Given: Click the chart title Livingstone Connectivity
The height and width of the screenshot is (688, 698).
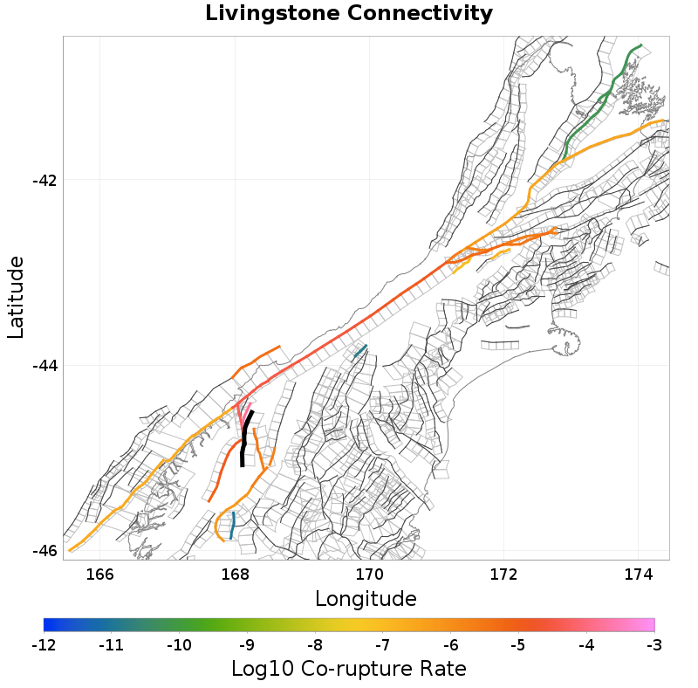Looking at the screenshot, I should [x=349, y=14].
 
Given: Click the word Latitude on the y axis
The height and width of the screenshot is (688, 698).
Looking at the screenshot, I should [x=16, y=297].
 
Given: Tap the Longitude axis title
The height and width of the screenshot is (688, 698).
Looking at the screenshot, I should [x=366, y=599].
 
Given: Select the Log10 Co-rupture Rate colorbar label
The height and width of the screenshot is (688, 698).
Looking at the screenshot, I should [x=349, y=670].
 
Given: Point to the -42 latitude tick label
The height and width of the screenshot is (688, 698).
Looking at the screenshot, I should [x=44, y=181].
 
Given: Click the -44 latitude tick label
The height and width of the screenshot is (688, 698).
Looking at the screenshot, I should [x=44, y=366].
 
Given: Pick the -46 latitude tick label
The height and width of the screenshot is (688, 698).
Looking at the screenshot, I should [x=44, y=551].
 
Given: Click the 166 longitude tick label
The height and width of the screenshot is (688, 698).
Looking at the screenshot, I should [x=100, y=574].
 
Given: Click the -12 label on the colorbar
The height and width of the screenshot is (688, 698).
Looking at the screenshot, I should [x=44, y=646].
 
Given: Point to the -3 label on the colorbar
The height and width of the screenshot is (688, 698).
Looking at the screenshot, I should [x=654, y=646].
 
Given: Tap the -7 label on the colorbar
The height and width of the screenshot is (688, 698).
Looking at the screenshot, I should [x=383, y=646].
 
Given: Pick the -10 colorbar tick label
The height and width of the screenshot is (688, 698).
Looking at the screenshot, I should [x=179, y=646].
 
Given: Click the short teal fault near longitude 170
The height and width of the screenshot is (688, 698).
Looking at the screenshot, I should [x=359, y=353].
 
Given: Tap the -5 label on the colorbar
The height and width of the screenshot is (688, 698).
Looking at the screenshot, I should [x=518, y=646].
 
